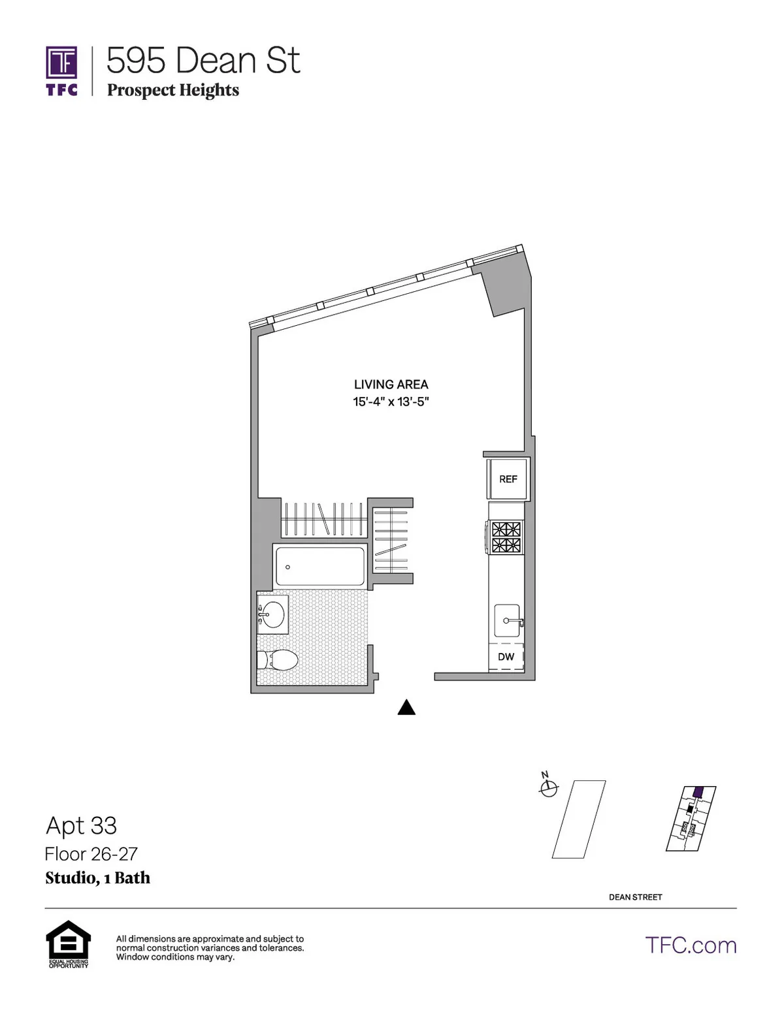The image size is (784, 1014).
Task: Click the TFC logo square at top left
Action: pos(61,63)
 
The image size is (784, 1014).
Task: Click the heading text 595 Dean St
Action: pos(203,61)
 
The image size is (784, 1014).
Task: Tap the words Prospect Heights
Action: pos(173,90)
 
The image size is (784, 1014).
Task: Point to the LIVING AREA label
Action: pos(391,385)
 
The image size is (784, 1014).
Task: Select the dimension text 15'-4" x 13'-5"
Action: pos(391,402)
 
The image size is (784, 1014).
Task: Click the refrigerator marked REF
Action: pos(508,479)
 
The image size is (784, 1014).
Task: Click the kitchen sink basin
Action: pos(506,620)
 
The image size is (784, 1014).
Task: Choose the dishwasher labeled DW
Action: pos(506,657)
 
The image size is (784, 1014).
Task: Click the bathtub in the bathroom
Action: pos(319,566)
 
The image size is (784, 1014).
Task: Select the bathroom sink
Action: pos(273,614)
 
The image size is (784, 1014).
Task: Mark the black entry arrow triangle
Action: pos(406,707)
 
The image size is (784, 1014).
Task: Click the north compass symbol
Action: pos(548,788)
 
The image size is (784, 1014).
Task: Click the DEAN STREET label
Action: pos(635,897)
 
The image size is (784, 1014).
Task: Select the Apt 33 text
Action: pos(81,826)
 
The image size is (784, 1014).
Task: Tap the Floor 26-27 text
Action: pos(91,854)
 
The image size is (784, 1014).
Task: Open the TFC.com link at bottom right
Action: pos(691,945)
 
